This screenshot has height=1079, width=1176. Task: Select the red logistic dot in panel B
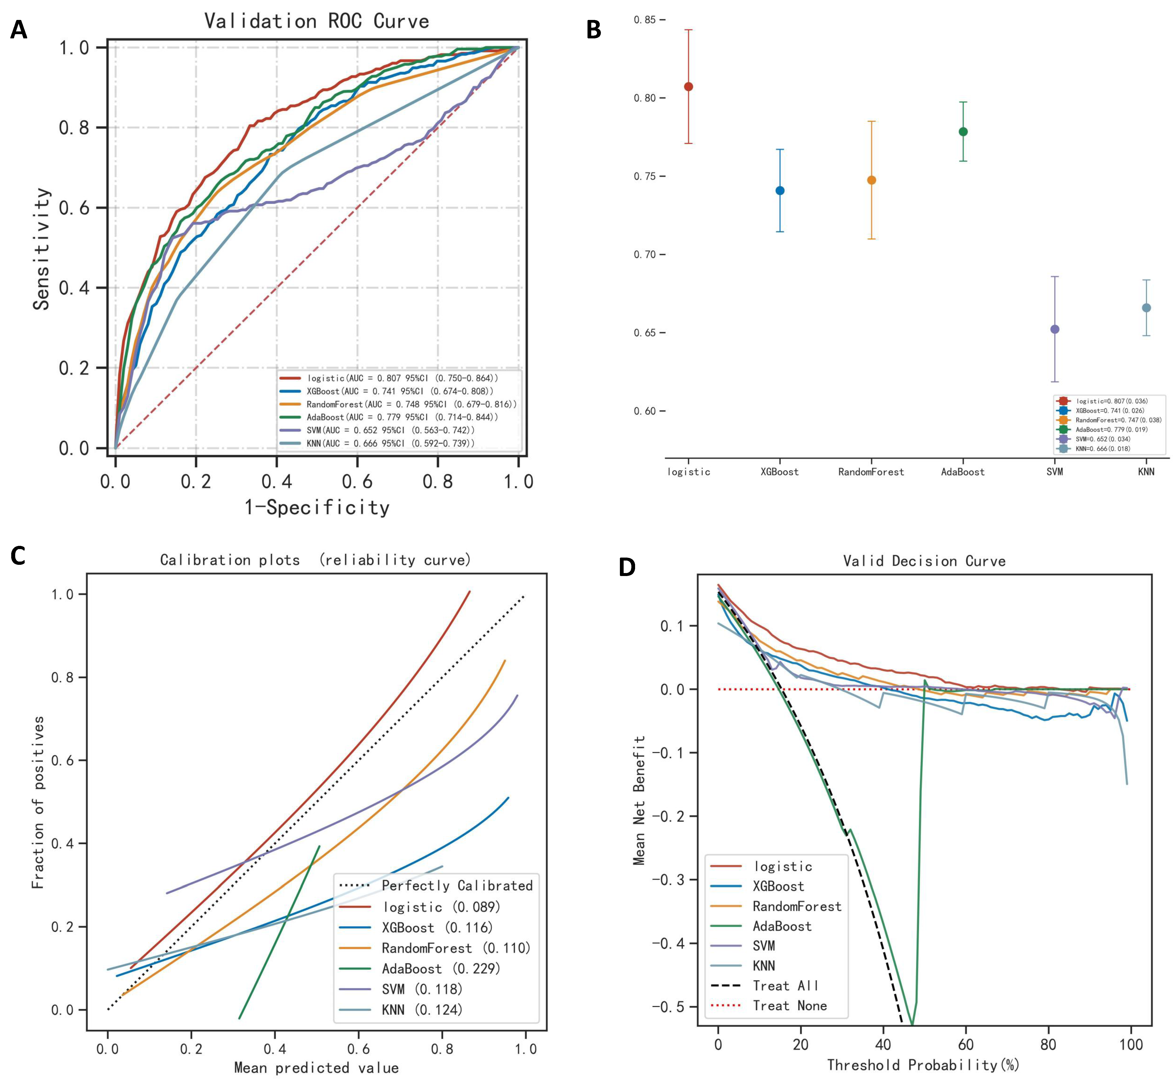689,86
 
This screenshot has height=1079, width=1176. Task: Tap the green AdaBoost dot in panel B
963,132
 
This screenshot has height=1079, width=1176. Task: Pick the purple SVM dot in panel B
1055,329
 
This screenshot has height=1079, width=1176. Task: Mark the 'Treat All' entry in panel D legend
786,986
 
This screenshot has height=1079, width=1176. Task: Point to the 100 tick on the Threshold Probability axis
1131,1044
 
